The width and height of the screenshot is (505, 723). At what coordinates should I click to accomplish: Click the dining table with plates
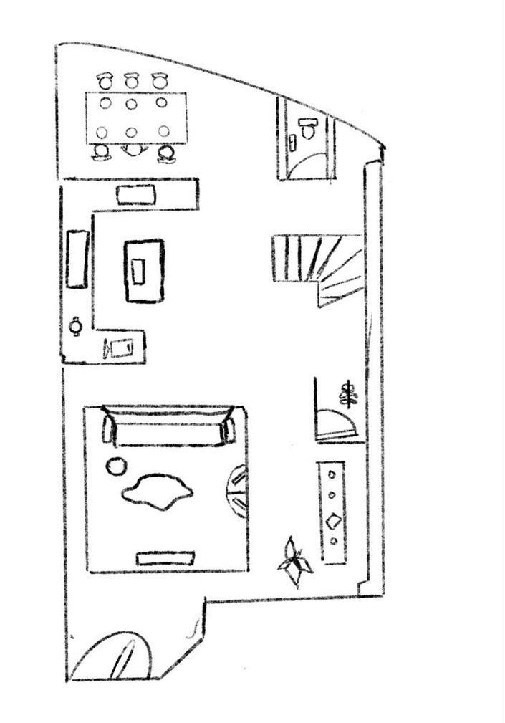[135, 117]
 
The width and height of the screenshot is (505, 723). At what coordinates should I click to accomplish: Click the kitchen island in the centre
[144, 270]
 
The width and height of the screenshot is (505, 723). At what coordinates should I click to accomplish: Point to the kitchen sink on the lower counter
[118, 348]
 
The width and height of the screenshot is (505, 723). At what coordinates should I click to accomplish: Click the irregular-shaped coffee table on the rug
[158, 492]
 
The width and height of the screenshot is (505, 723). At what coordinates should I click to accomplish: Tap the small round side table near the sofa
[115, 466]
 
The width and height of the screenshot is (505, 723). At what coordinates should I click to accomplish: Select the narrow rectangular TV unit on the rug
[165, 557]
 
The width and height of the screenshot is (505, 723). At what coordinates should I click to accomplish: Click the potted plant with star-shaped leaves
[294, 562]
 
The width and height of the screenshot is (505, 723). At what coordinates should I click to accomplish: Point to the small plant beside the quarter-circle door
[349, 393]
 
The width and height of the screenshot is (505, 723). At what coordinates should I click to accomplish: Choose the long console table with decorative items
[332, 512]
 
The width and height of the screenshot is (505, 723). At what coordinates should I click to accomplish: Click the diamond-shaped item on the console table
[333, 521]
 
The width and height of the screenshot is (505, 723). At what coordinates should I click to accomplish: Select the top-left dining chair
[105, 81]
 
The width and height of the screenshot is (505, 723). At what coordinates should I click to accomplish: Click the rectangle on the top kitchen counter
[136, 194]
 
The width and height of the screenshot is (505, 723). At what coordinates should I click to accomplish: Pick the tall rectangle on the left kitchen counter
[77, 258]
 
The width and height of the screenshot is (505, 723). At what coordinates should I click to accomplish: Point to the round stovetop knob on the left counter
[76, 326]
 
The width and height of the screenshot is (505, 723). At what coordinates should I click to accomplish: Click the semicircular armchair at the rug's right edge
[238, 490]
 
